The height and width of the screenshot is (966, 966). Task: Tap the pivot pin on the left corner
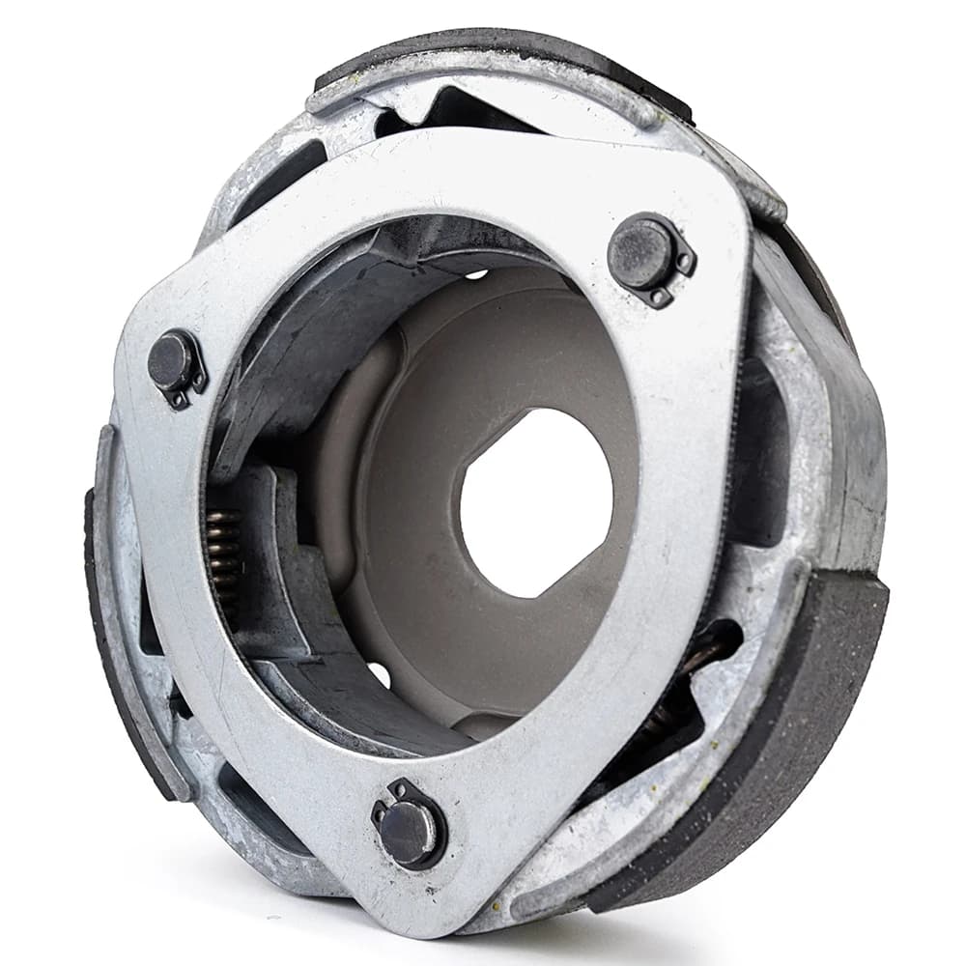[172, 360]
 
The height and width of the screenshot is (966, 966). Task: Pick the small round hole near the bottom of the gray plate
[379, 674]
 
